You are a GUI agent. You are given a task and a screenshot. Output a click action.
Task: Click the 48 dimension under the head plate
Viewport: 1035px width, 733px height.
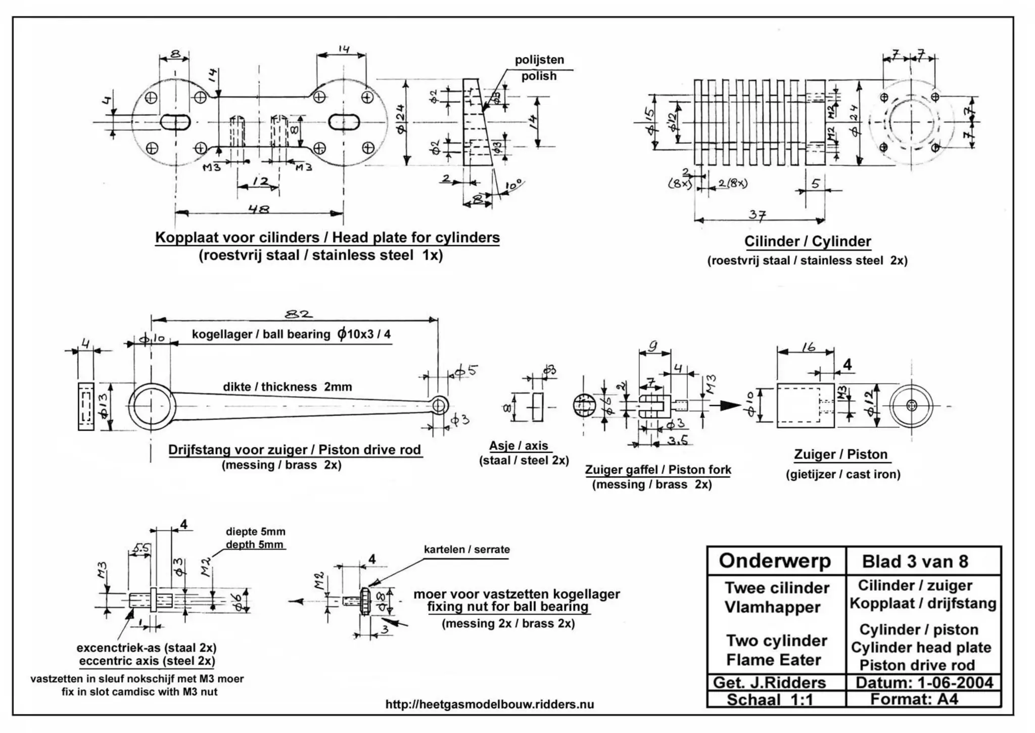click(x=259, y=208)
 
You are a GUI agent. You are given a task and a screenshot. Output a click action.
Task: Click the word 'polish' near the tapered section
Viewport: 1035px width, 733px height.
click(x=539, y=76)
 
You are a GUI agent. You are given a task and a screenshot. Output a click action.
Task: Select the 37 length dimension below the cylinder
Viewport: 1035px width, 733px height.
click(x=757, y=215)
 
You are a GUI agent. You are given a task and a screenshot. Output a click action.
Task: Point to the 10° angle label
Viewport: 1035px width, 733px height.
click(x=514, y=186)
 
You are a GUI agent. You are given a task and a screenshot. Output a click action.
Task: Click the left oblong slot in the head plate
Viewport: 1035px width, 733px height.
click(x=175, y=122)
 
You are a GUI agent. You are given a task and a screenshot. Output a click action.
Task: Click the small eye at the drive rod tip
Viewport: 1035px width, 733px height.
click(x=439, y=405)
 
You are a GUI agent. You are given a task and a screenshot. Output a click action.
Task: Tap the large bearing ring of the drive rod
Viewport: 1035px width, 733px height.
click(x=152, y=407)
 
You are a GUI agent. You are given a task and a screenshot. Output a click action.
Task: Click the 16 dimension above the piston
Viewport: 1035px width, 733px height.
click(x=808, y=347)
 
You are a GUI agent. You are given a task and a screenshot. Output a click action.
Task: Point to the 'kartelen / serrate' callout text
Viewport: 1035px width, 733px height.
click(x=466, y=549)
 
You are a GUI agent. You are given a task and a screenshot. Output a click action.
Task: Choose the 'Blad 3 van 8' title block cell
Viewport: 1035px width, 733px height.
click(x=915, y=561)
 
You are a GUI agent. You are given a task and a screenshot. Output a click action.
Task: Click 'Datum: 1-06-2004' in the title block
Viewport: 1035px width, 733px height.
click(x=924, y=682)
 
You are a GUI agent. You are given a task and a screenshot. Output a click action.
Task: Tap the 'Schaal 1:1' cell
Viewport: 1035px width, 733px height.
click(x=769, y=700)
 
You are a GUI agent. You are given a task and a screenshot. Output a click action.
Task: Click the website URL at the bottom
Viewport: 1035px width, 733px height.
click(x=489, y=704)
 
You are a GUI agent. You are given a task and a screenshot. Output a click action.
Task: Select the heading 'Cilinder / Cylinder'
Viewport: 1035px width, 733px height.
click(x=807, y=241)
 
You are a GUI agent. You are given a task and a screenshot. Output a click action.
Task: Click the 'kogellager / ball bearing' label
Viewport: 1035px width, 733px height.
click(x=261, y=334)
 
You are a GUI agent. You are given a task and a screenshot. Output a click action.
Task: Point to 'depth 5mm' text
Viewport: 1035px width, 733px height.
click(x=254, y=545)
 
